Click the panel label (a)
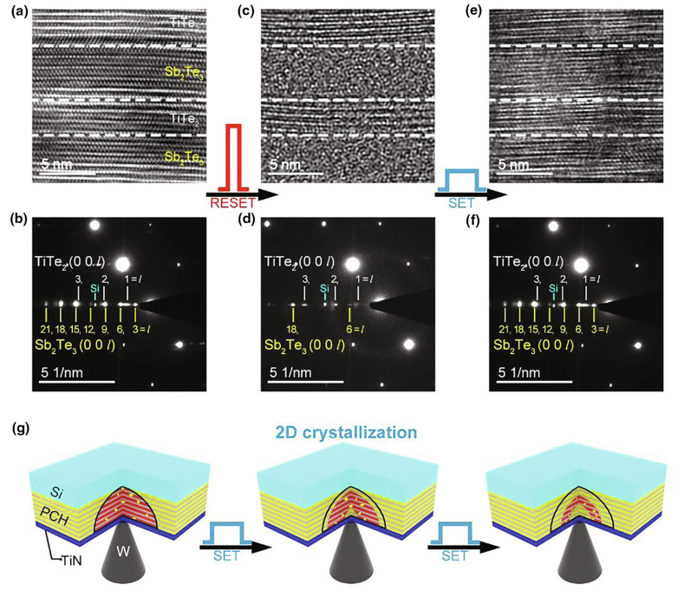click(x=16, y=10)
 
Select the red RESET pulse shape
click(x=232, y=156)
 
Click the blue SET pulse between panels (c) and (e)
click(x=461, y=180)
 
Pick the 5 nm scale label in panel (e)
click(x=514, y=163)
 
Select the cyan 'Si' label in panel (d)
click(x=324, y=287)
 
